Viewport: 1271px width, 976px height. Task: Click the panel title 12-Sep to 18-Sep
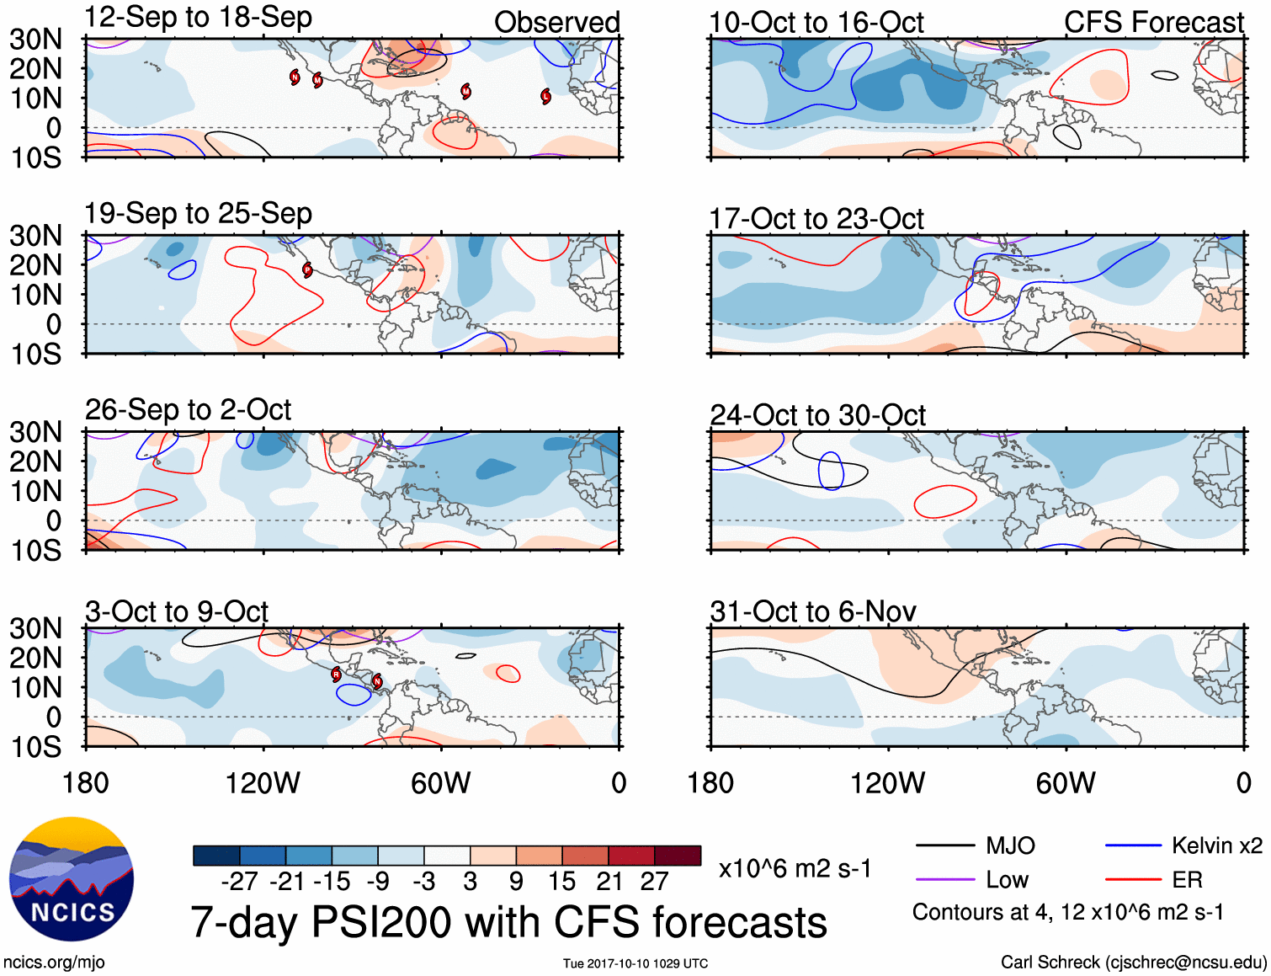coord(198,18)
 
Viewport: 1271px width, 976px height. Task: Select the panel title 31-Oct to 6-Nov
coord(812,611)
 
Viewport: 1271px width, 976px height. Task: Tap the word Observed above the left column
coord(556,22)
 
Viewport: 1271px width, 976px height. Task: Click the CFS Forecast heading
coord(1153,23)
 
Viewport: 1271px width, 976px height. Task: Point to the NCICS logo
coord(72,879)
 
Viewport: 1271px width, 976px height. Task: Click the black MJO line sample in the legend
coord(944,845)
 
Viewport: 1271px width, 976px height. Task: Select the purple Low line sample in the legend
coord(944,880)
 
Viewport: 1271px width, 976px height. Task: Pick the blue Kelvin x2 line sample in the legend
coord(1133,845)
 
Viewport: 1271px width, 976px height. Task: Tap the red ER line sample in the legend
coord(1133,880)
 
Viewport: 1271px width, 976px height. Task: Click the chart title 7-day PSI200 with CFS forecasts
coord(508,922)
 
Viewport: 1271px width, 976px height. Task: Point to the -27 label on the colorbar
coord(239,882)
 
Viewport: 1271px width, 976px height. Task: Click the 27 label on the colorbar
coord(654,882)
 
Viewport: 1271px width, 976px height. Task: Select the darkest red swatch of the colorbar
coord(678,856)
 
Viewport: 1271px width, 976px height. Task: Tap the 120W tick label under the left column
coord(263,783)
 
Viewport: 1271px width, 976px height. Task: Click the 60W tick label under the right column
coord(1066,783)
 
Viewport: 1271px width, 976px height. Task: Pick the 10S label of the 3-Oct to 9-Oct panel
coord(36,747)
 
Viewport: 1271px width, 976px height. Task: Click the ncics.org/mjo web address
coord(54,962)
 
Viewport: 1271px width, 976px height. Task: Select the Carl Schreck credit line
coord(1133,962)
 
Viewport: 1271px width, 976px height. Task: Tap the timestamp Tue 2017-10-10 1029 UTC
coord(635,963)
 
